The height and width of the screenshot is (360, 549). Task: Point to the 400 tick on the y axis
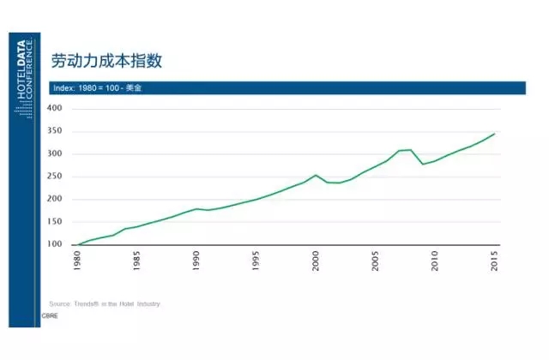coord(56,109)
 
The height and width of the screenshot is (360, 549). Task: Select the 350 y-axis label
coord(56,131)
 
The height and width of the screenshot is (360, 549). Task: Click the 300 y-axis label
coord(56,154)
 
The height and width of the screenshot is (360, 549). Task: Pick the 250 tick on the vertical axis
coord(56,177)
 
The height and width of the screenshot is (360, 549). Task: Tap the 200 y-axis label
coord(56,200)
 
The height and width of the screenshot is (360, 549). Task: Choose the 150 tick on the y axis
coord(56,222)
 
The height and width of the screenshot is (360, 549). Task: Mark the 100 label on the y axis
coord(56,245)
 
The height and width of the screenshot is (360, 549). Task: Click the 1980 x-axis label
coord(79,261)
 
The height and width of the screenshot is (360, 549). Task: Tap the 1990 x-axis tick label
coord(197,261)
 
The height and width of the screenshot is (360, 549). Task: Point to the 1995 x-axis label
coord(256,261)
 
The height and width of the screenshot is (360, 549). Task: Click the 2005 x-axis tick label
coord(376,261)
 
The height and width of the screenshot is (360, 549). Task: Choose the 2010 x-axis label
coord(435,261)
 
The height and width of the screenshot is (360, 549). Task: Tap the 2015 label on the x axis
coord(495,261)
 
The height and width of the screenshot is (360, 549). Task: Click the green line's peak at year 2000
coord(317,175)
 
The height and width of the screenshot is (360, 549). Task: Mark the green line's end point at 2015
coord(495,134)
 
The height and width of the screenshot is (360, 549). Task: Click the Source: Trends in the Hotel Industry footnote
coord(105,303)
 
